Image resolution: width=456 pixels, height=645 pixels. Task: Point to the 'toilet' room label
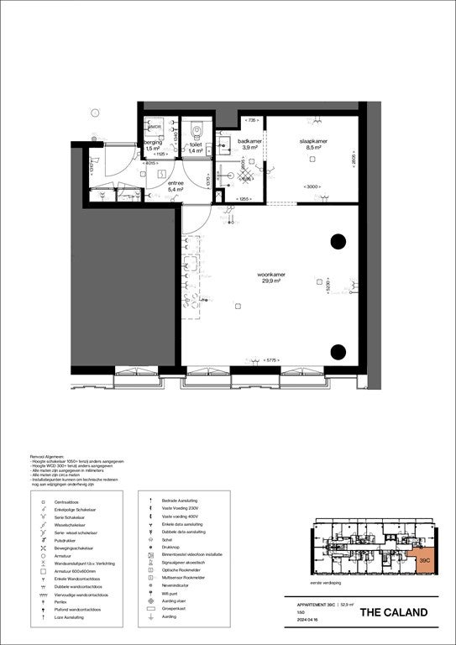tap(196, 144)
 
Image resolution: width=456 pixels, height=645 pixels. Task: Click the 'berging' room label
tap(153, 143)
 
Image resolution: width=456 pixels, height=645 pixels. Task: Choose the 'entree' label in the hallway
tap(176, 182)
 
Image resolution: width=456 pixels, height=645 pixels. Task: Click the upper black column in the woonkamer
tap(338, 242)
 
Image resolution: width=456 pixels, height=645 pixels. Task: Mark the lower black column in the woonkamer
tap(338, 352)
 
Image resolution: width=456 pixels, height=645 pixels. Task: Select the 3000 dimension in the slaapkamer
tap(312, 186)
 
